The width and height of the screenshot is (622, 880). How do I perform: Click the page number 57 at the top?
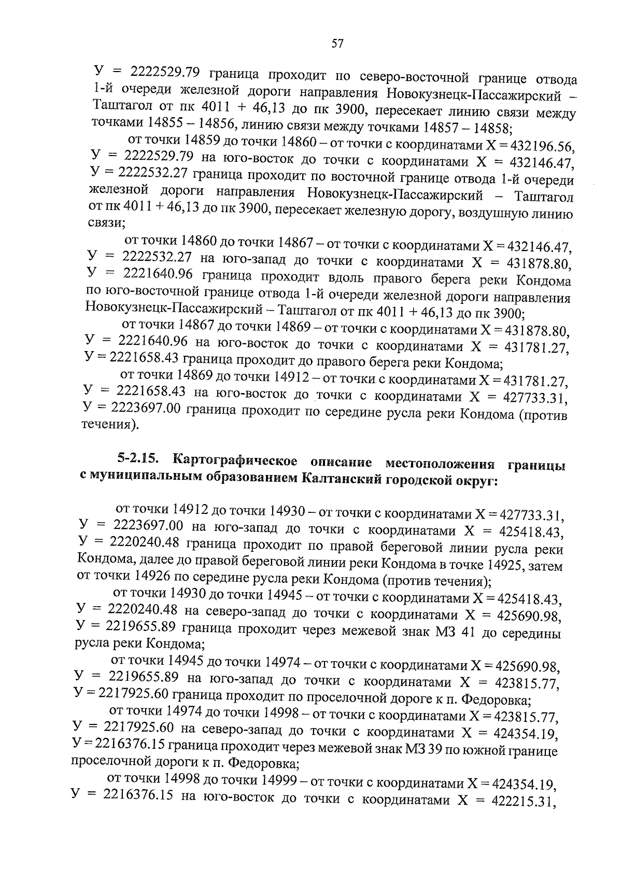click(x=337, y=44)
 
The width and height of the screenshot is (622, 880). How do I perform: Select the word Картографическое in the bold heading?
click(x=235, y=460)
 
